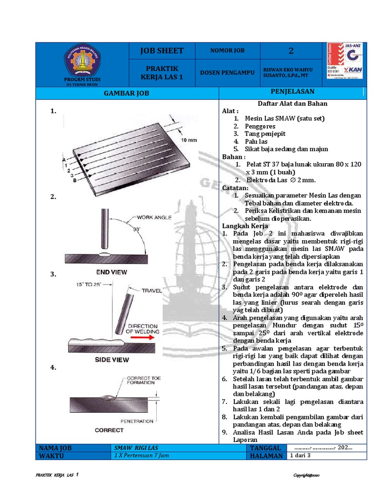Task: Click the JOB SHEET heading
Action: click(x=162, y=51)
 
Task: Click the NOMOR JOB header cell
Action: click(x=227, y=51)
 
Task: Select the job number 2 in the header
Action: click(x=291, y=51)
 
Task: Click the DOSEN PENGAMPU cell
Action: click(x=227, y=72)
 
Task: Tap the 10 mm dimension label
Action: click(x=189, y=140)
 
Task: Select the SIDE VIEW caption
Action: click(x=112, y=360)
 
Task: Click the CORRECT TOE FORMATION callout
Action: click(x=143, y=381)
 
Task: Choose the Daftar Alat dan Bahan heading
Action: click(x=292, y=103)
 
